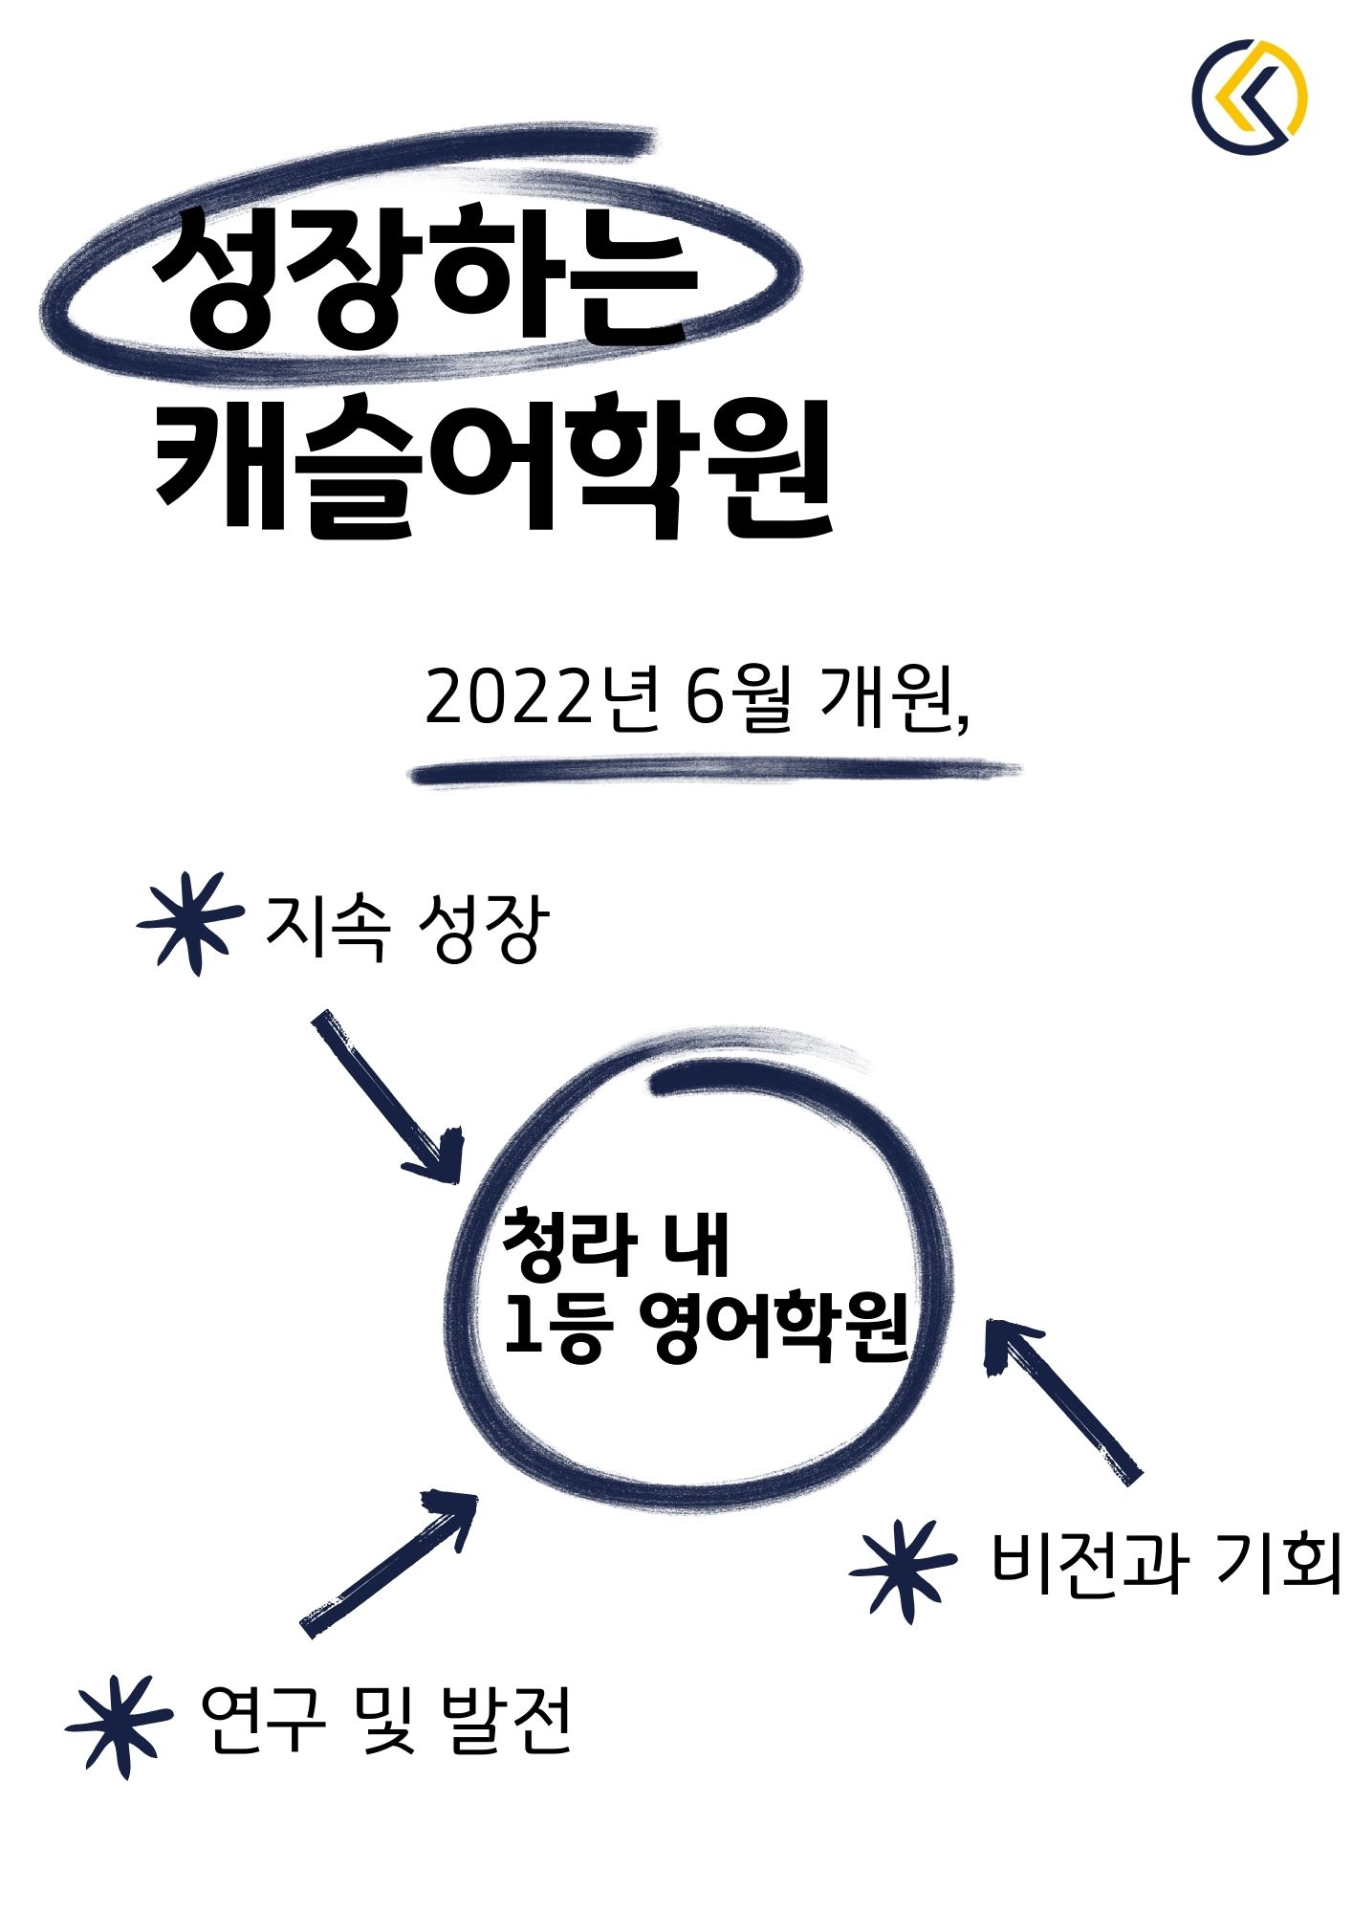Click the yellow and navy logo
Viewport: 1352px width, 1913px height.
tap(1250, 97)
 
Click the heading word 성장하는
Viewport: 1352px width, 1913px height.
tap(425, 278)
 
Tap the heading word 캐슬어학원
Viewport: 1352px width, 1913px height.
tap(493, 467)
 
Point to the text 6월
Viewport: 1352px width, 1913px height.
tap(739, 699)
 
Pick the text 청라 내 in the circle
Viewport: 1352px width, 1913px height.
tap(616, 1244)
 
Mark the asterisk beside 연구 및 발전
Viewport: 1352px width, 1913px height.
tap(120, 1726)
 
